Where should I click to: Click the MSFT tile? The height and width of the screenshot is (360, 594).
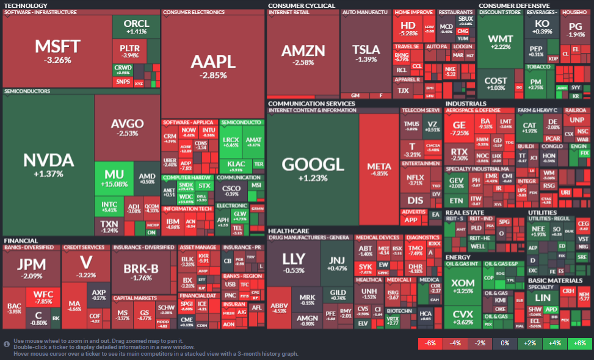[x=57, y=51]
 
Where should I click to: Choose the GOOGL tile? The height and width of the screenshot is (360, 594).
[x=312, y=168]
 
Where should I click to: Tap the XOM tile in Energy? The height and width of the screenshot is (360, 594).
[x=462, y=287]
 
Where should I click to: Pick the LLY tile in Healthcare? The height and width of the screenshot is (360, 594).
[x=293, y=262]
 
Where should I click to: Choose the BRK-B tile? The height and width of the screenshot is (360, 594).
[x=141, y=272]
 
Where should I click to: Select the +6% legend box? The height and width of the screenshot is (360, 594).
[x=579, y=344]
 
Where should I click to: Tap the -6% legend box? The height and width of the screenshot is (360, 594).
[x=430, y=344]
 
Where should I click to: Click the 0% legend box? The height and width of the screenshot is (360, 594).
[x=505, y=344]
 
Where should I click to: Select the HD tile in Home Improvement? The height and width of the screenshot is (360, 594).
[x=407, y=28]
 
